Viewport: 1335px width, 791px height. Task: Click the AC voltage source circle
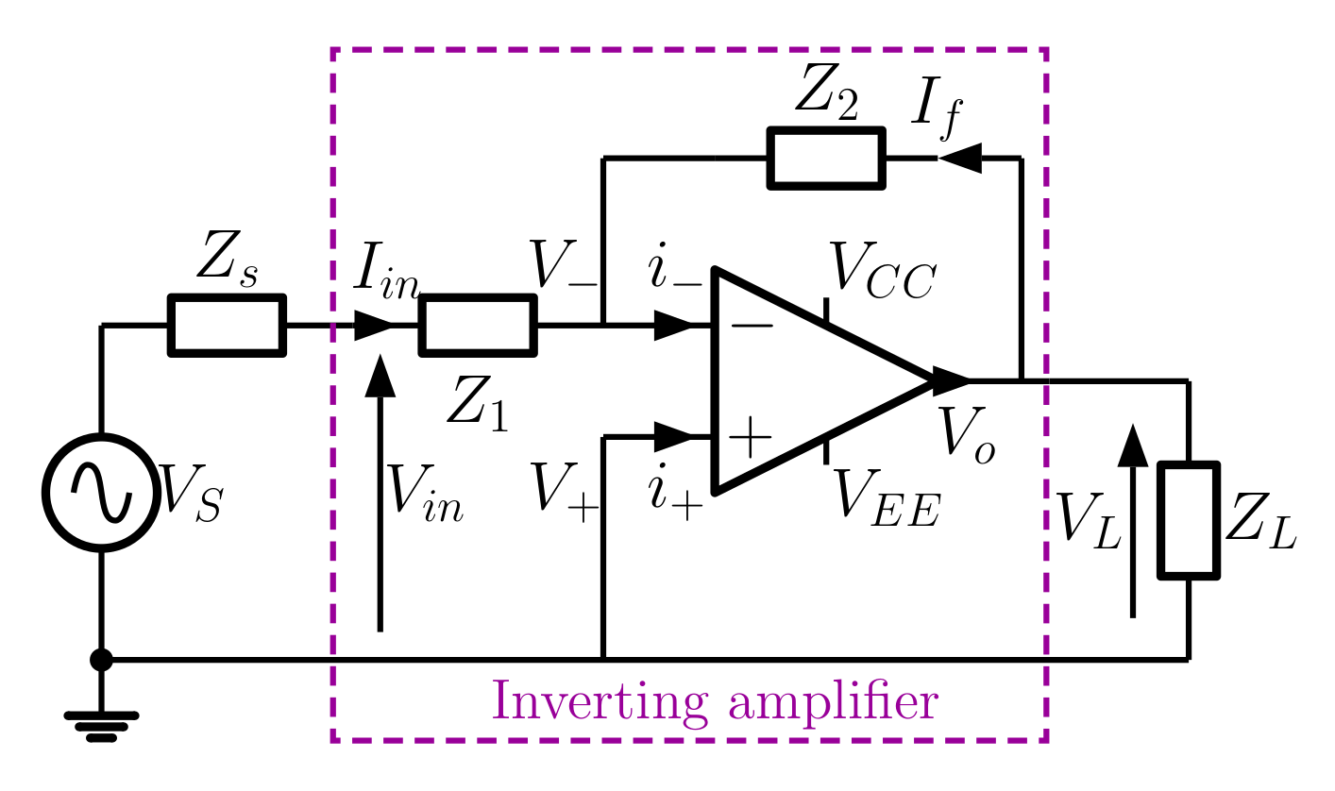100,492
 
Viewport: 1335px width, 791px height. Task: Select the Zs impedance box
227,326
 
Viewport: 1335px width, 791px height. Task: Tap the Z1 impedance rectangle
478,326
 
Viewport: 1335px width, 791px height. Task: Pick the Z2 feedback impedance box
827,159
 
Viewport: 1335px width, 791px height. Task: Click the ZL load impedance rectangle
1189,519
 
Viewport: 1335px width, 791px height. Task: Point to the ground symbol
101,724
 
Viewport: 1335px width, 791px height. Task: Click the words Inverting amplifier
715,703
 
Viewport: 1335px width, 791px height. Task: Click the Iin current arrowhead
374,327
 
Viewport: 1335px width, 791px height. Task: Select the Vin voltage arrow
380,491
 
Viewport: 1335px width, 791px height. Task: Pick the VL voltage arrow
1132,519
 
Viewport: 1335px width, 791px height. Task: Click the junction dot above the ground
101,660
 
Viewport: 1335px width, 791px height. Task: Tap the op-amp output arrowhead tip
967,380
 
